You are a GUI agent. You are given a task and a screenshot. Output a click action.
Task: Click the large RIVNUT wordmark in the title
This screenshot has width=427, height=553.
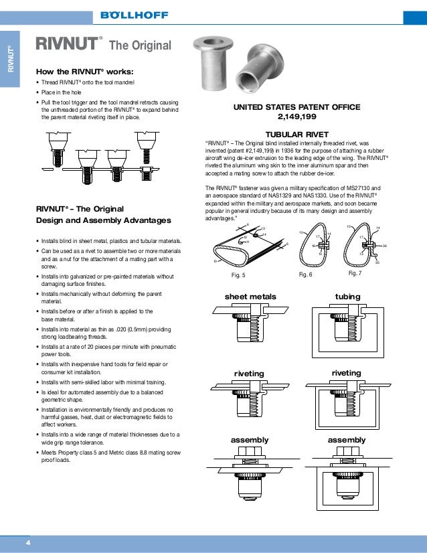click(67, 45)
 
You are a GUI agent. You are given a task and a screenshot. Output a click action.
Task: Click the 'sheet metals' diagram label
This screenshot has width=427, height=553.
click(250, 297)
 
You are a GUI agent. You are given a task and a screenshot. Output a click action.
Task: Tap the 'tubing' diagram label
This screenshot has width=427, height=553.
click(347, 297)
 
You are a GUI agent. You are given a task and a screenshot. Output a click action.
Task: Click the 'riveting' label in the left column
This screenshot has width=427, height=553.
click(249, 373)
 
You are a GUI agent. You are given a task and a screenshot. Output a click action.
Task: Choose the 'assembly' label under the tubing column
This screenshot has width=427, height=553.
click(347, 440)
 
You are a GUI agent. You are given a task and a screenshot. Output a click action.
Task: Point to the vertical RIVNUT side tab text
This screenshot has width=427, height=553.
click(11, 59)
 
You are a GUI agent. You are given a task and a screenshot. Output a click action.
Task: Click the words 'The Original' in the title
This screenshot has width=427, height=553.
click(141, 46)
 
